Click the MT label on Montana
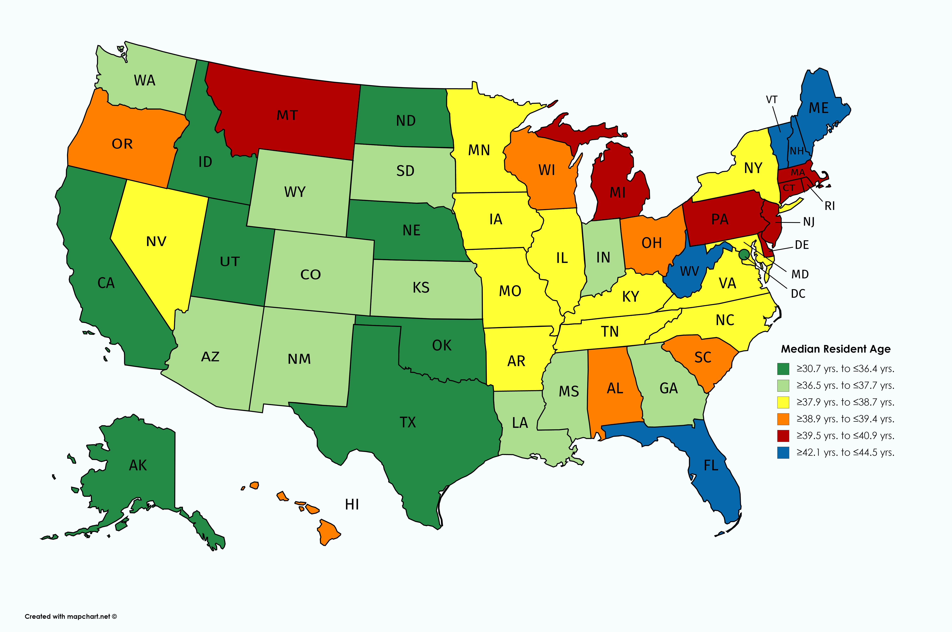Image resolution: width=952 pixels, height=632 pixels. [x=287, y=116]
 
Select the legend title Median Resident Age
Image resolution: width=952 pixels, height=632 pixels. [x=835, y=349]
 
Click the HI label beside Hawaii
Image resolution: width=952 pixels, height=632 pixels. [x=352, y=504]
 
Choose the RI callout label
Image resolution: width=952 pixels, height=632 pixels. [x=829, y=206]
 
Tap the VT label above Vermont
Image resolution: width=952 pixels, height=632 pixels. [x=771, y=100]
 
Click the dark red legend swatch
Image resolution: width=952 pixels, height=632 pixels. [x=783, y=436]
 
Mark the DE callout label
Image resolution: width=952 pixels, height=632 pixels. [x=802, y=245]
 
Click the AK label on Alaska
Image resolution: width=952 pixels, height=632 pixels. [x=138, y=466]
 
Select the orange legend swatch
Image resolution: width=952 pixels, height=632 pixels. [x=783, y=419]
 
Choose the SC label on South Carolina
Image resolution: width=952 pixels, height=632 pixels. [x=703, y=358]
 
